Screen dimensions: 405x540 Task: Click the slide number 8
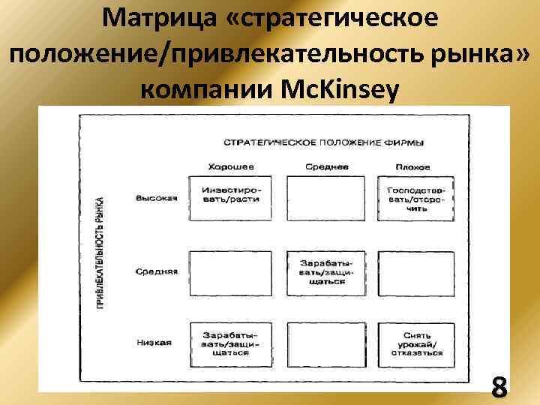coord(499,388)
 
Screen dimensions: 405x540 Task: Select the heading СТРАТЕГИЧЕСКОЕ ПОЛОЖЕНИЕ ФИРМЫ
coord(322,142)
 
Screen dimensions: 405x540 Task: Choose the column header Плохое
coord(414,166)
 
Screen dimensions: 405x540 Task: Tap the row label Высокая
coord(155,198)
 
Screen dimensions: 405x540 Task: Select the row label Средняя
coord(156,271)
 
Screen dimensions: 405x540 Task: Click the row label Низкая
coord(154,342)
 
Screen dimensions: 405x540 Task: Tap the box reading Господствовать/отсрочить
coord(415,198)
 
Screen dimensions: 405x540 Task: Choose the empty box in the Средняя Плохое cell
coord(415,271)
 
